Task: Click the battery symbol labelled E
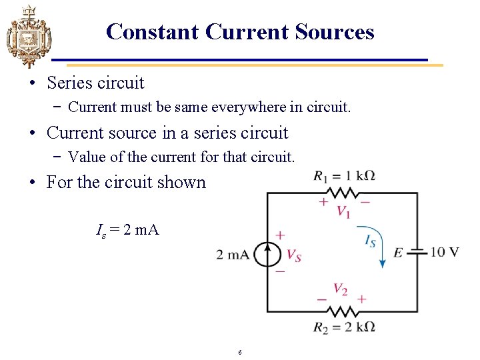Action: coord(417,252)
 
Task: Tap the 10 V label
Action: coord(445,252)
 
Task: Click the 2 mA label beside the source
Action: coord(233,255)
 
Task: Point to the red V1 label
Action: coord(344,212)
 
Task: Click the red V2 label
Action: coord(341,289)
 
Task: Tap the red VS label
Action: coord(293,255)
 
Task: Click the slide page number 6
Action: coord(239,352)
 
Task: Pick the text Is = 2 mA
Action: coord(127,231)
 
